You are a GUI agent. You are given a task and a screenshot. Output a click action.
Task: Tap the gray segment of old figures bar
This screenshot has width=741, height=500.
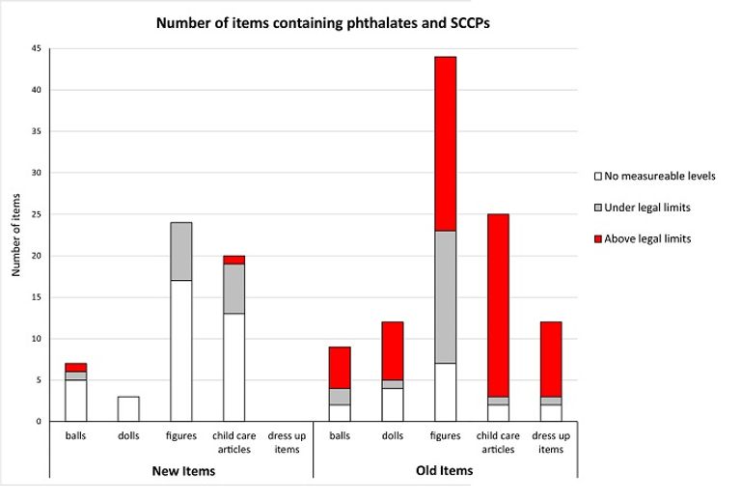(445, 296)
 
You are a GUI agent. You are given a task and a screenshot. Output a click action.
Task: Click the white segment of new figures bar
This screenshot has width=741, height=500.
(181, 350)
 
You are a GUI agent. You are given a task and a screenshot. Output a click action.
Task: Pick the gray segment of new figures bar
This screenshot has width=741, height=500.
(181, 251)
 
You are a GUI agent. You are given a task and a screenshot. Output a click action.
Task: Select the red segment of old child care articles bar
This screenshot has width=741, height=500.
(498, 305)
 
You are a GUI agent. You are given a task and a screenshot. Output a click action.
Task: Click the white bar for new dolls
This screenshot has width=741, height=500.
(128, 408)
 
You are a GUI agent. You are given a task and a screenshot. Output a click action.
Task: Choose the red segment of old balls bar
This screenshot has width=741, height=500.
(340, 368)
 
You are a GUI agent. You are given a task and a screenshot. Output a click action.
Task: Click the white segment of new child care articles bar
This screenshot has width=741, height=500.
(233, 367)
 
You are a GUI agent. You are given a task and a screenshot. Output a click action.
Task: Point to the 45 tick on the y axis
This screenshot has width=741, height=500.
(38, 49)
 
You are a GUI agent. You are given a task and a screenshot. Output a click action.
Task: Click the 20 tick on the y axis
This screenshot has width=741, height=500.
(38, 256)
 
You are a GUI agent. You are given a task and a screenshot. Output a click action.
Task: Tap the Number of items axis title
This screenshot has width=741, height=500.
(16, 235)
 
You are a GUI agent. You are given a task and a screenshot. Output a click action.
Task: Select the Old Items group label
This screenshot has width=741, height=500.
(445, 470)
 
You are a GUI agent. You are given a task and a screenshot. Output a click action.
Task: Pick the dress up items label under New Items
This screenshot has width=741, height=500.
(287, 441)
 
